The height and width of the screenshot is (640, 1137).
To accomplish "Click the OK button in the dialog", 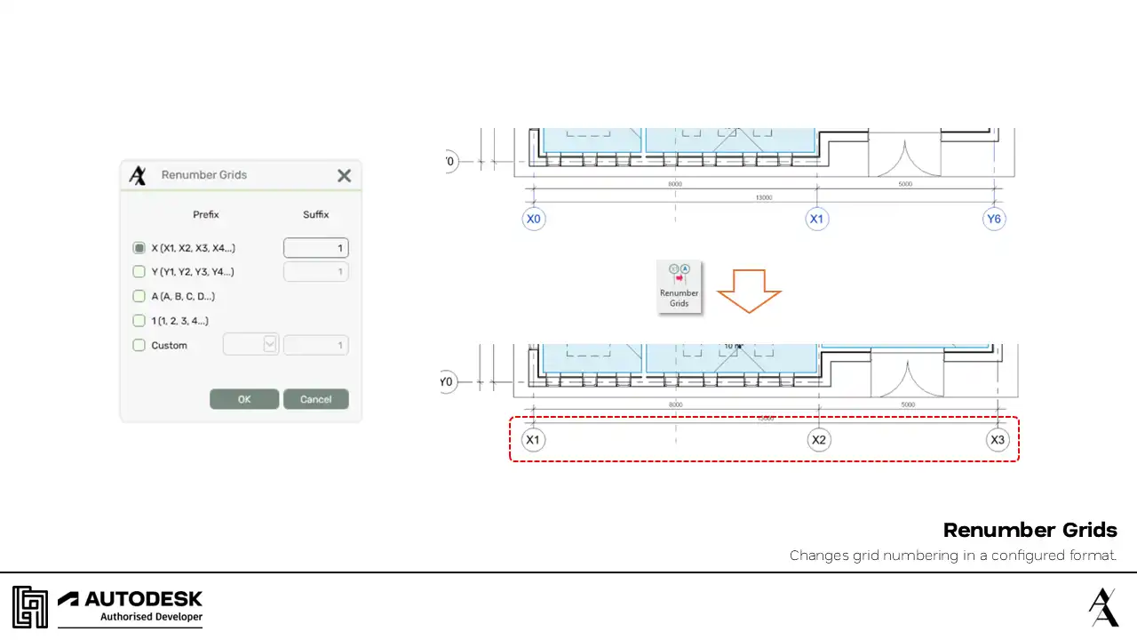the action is (244, 399).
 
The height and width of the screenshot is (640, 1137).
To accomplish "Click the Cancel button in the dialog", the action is (315, 399).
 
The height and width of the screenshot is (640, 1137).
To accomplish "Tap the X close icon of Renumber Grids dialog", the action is (345, 176).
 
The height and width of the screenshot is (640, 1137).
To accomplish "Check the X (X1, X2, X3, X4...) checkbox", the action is (139, 248).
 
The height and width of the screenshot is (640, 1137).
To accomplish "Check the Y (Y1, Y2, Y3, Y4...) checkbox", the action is (139, 272).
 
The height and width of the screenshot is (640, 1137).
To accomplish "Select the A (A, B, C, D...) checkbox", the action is (139, 296).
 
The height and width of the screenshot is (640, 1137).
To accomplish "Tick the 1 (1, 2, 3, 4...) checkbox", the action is (139, 320).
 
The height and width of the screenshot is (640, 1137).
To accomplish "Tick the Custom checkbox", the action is (139, 345).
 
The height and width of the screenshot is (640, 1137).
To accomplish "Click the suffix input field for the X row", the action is (315, 248).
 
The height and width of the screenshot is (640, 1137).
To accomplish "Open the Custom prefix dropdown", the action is (270, 345).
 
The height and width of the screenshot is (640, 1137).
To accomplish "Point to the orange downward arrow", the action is (749, 291).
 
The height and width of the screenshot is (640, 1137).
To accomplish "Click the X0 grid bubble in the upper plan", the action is (533, 219).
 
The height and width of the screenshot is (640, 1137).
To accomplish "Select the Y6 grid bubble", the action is (994, 219).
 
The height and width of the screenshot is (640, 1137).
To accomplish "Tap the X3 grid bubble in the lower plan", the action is (998, 440).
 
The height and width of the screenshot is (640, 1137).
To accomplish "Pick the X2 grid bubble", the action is (819, 440).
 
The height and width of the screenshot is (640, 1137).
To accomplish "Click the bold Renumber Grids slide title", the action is (1030, 530).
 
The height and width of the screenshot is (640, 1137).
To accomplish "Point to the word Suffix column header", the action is (315, 214).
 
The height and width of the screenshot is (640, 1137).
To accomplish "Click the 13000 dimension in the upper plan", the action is (763, 197).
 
